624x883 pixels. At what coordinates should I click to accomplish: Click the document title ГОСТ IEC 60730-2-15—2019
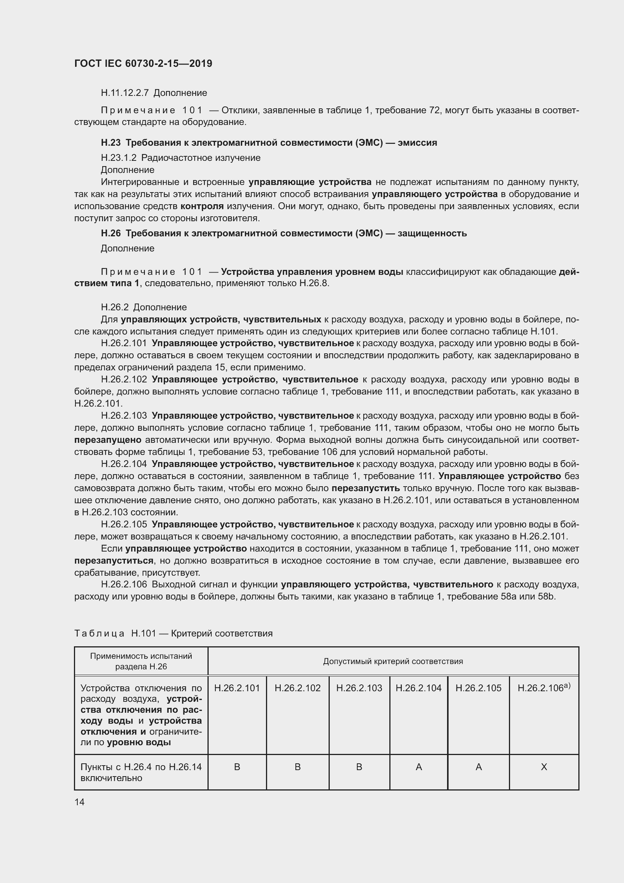coord(143,63)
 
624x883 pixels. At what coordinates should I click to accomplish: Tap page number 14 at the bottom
coord(80,802)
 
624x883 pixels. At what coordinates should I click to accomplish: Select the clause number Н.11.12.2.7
coord(125,93)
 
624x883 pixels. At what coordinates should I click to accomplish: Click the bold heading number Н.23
coord(111,143)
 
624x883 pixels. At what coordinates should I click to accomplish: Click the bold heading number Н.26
coord(111,233)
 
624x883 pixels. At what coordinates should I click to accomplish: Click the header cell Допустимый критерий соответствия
coord(393,661)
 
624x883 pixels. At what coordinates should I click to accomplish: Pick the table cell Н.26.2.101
coord(237,688)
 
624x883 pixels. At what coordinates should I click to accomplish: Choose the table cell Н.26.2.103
coord(359,688)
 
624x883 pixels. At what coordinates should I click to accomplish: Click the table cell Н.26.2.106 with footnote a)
coord(543,688)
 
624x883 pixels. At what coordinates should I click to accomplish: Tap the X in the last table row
coord(544,767)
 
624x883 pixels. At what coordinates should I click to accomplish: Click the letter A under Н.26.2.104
coord(418,767)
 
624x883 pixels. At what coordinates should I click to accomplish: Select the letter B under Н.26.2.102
coord(297,767)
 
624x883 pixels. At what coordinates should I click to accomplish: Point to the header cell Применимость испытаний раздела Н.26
coord(141,661)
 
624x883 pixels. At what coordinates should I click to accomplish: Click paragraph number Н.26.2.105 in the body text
coord(124,525)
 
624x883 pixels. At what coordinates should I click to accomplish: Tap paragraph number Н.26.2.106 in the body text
coord(124,584)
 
